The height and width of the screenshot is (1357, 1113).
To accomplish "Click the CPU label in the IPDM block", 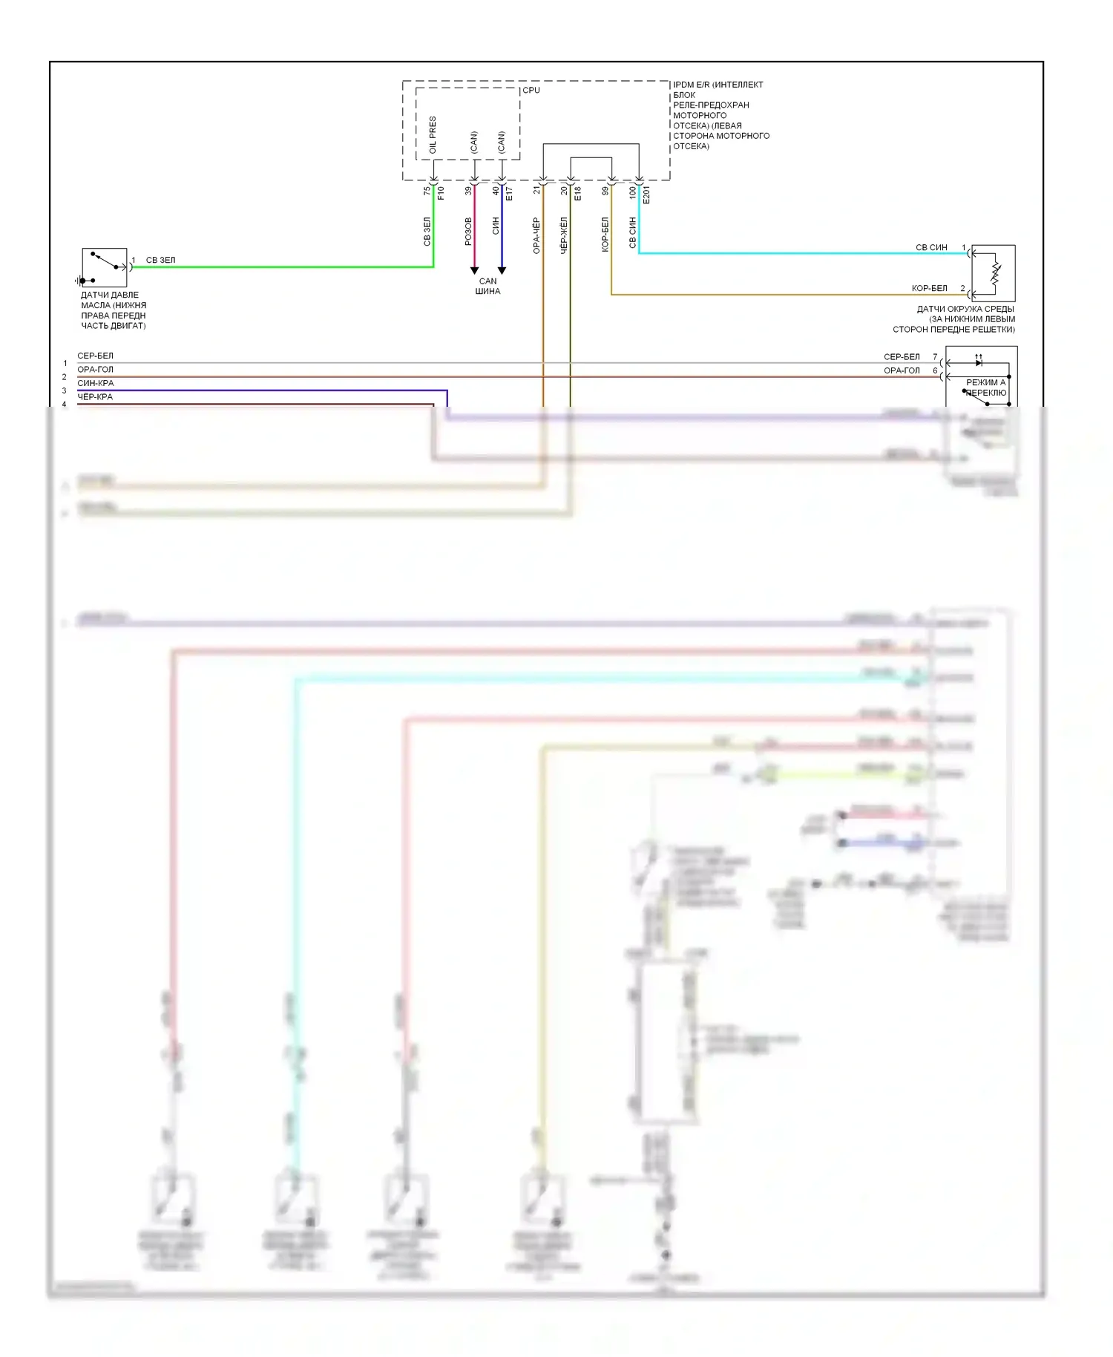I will (531, 91).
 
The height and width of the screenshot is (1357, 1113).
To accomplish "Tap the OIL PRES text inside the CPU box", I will (433, 134).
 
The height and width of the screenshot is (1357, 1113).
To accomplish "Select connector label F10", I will (441, 194).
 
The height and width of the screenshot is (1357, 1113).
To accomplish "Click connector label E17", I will (509, 194).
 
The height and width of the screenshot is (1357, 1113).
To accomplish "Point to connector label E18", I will (577, 194).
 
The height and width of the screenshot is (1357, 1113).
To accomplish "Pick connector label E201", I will (646, 194).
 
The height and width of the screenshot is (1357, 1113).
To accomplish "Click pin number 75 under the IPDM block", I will (427, 191).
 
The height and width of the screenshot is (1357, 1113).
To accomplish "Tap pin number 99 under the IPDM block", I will (605, 191).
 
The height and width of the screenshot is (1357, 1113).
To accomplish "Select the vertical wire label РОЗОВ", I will (468, 231).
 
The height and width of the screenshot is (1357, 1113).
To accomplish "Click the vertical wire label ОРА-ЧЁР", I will (536, 235).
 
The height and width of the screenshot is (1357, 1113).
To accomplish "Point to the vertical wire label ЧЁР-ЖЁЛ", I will (564, 235).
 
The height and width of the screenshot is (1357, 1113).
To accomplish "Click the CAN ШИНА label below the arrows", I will (487, 286).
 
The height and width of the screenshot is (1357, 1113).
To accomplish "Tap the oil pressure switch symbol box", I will (105, 267).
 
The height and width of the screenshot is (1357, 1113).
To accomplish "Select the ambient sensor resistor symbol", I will (995, 274).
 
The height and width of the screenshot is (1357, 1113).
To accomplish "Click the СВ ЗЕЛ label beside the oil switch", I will (160, 261).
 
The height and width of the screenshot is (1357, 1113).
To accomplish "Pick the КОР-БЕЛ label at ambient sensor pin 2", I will (929, 288).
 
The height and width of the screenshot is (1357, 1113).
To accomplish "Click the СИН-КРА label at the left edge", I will (96, 383).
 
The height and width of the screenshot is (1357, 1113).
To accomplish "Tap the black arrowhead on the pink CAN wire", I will (474, 271).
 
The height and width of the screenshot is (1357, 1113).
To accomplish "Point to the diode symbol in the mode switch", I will (979, 363).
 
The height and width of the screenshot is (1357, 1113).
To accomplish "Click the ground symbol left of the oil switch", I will (79, 281).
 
